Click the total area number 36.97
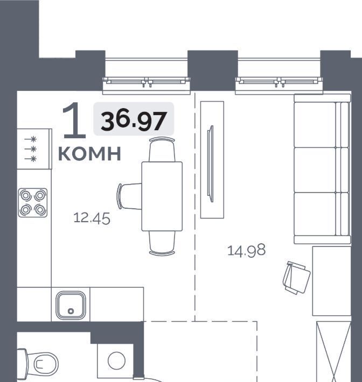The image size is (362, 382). pos(134,121)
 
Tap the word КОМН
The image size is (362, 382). pos(90,154)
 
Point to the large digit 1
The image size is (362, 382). pos(74,120)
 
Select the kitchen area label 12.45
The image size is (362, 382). pos(92,218)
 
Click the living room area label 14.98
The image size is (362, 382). pos(246,250)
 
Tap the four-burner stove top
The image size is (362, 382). pos(33,203)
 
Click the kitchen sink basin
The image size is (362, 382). pos(71,306)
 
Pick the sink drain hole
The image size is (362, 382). pos(71,311)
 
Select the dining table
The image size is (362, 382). pos(162,196)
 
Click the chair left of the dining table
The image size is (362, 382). pos(129,196)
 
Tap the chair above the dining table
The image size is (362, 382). pos(162,150)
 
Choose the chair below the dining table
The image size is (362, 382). pos(162,243)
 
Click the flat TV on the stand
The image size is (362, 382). pos(210,164)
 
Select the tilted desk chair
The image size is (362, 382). pos(296,278)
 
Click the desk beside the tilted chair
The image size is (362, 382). pos(332,281)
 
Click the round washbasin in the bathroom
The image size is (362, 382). pos(116,360)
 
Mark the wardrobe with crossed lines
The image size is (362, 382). pos(333,351)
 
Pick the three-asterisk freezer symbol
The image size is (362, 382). pos(31,149)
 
